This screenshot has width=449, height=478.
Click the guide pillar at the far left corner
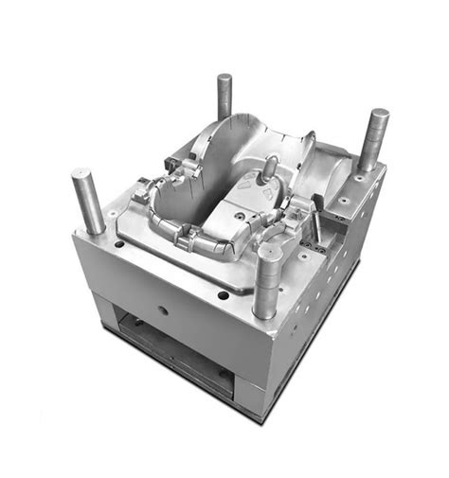click(88, 202)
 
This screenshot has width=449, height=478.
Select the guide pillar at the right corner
click(372, 140)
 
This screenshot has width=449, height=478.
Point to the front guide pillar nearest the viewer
click(266, 279)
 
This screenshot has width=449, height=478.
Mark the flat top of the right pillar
click(378, 114)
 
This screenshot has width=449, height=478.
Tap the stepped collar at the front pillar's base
click(265, 303)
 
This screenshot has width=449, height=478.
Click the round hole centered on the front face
click(162, 309)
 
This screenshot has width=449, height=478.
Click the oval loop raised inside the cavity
click(270, 169)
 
